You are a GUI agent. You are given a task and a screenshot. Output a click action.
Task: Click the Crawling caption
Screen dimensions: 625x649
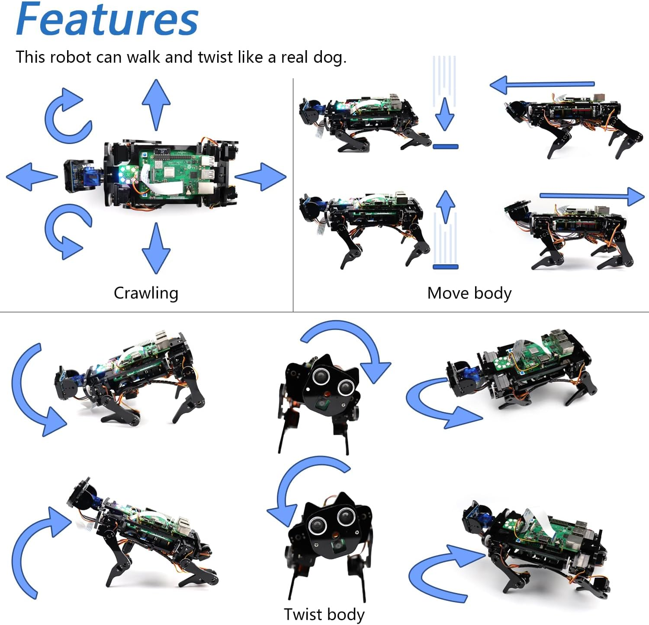pos(146,293)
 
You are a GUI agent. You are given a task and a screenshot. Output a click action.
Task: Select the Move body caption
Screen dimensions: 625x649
pos(469,293)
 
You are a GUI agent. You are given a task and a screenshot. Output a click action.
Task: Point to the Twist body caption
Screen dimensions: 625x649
pos(324,614)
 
